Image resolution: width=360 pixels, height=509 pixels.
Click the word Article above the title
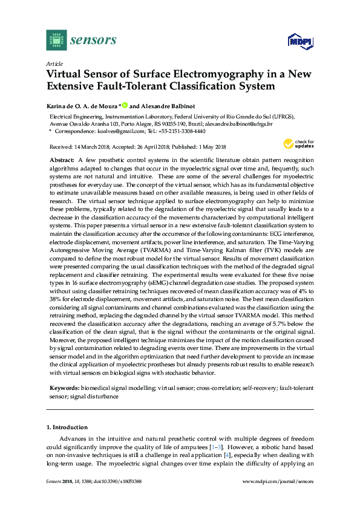click(x=54, y=63)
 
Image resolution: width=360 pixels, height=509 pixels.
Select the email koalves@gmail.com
click(x=123, y=131)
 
